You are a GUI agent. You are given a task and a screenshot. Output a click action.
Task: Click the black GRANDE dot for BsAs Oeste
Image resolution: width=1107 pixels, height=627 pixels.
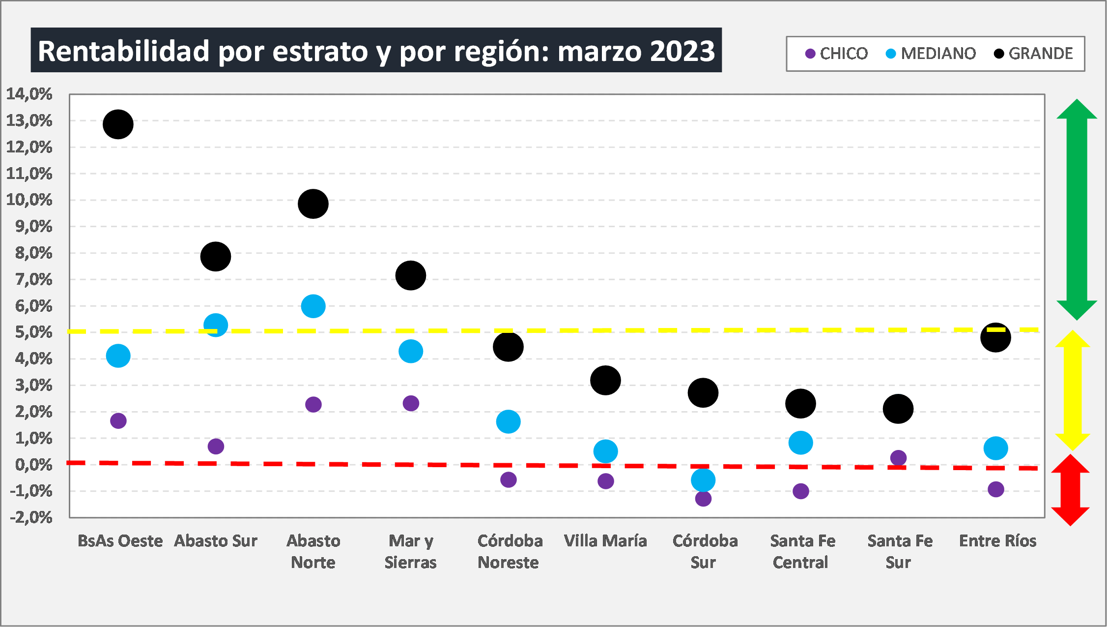[x=118, y=124]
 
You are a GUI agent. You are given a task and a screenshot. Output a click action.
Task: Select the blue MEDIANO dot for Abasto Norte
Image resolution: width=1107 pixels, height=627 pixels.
[x=313, y=306]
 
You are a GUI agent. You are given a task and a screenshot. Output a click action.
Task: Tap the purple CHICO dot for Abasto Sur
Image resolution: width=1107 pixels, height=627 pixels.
[x=216, y=447]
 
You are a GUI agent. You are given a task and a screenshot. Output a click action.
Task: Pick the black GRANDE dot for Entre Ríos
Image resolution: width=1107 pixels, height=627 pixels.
[x=995, y=338]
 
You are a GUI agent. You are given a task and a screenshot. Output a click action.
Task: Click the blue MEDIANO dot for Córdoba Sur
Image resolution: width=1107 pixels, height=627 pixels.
[x=703, y=480]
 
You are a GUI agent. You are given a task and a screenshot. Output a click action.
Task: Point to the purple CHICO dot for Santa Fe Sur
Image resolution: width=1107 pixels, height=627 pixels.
[x=898, y=458]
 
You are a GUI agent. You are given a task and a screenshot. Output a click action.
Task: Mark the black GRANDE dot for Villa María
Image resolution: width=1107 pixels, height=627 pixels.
[x=605, y=380]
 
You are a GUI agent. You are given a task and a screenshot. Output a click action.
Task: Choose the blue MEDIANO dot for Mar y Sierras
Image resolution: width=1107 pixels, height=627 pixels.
[x=411, y=351]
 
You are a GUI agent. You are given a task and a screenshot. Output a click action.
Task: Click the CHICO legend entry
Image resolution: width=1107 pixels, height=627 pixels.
[x=837, y=54]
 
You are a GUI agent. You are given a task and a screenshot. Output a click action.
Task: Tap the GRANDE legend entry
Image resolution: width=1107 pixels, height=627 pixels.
[x=1033, y=54]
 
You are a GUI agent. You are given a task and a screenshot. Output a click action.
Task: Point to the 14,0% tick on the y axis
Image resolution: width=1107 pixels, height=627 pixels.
[x=29, y=94]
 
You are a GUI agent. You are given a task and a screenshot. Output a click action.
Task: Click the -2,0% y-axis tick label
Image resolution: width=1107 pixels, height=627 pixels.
[x=31, y=517]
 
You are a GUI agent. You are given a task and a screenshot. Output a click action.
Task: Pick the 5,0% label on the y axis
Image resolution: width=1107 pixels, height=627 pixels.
[x=33, y=332]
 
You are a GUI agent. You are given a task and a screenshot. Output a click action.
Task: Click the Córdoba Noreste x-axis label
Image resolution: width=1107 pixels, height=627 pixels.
[x=510, y=552]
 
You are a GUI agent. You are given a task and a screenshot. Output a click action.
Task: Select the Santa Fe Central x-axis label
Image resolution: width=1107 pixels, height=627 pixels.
[x=802, y=552]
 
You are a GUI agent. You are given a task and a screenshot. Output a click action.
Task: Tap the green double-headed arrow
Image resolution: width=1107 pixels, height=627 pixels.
[x=1077, y=209]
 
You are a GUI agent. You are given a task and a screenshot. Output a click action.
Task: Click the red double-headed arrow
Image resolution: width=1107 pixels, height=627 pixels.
[x=1071, y=490]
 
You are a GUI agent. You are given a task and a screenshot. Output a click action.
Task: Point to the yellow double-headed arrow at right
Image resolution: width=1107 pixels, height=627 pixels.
[x=1073, y=390]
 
